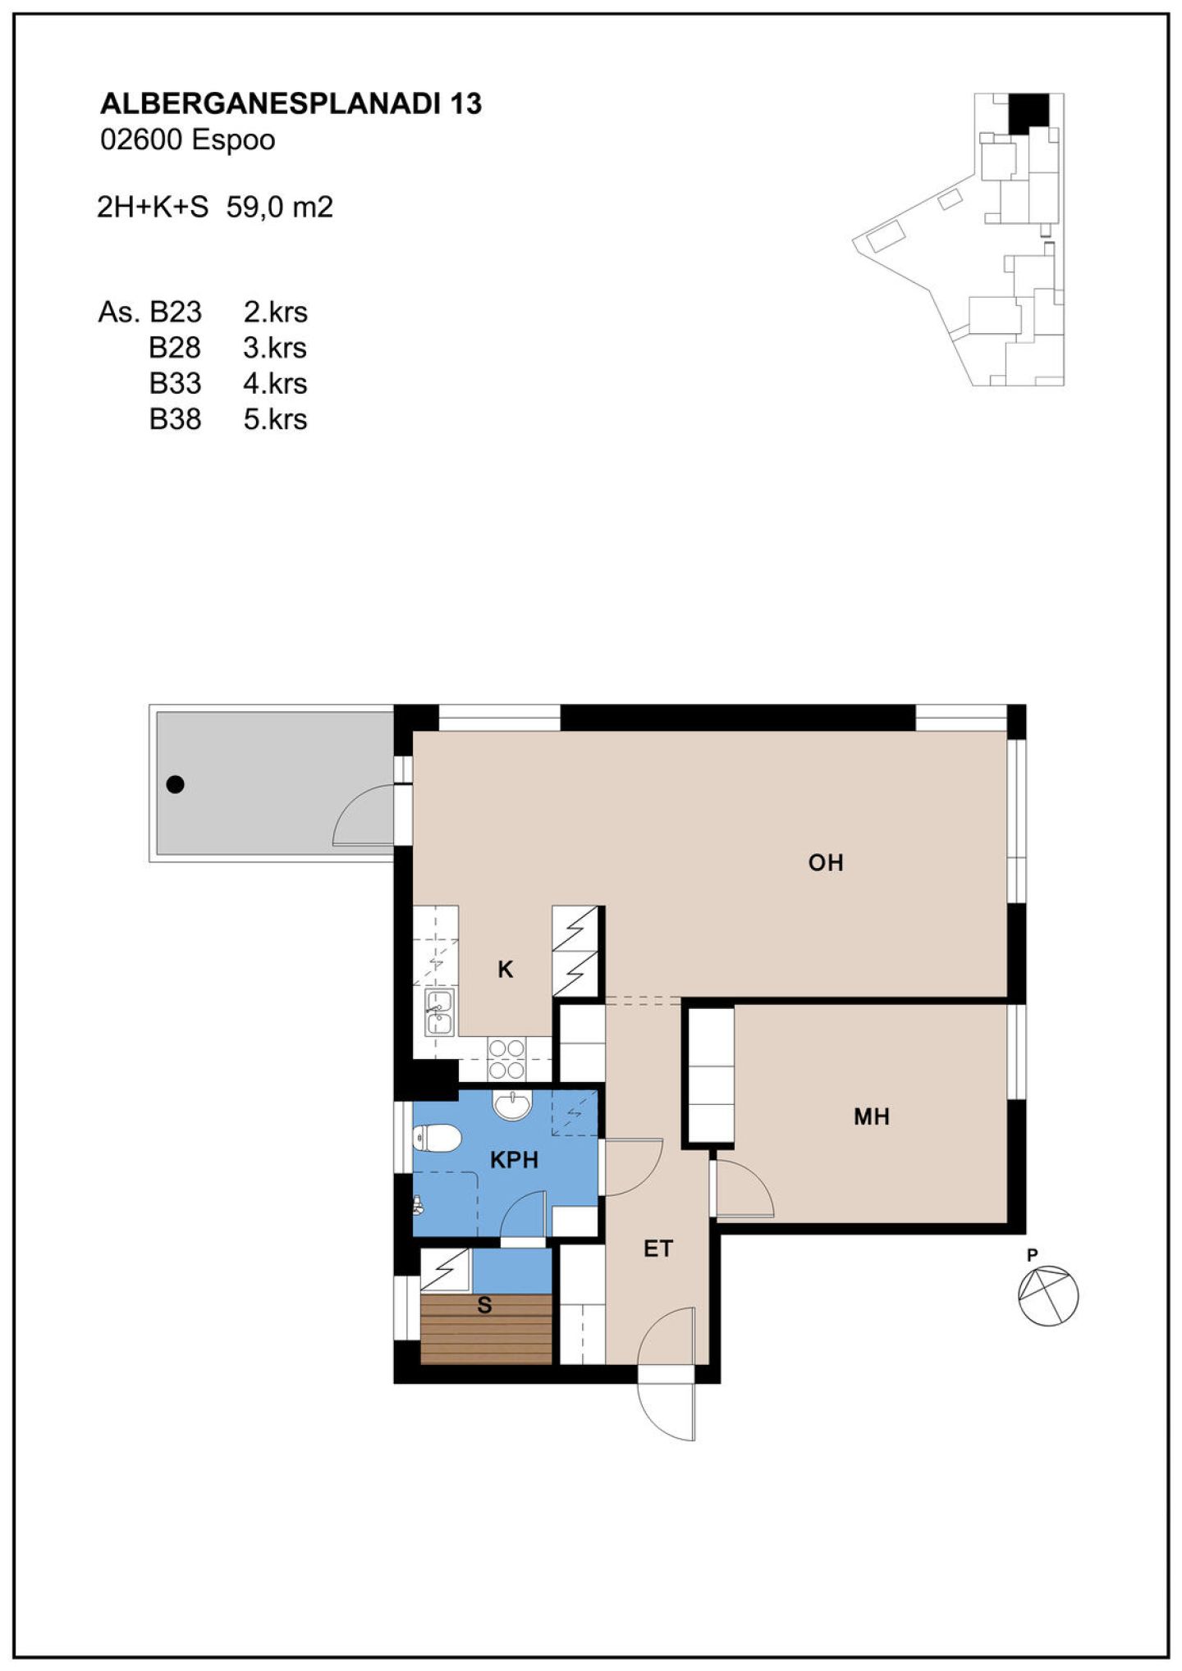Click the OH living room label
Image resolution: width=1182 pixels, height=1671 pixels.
[x=826, y=862]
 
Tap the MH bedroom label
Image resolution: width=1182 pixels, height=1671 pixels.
[x=872, y=1116]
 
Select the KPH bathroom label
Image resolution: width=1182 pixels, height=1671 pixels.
[x=515, y=1160]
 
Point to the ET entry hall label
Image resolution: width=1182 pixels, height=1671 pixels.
[x=658, y=1249]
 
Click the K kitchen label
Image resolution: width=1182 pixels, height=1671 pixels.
[x=506, y=970]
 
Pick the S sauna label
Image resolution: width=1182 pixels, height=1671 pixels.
[x=485, y=1305]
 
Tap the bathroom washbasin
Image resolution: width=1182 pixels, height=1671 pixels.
[x=513, y=1105]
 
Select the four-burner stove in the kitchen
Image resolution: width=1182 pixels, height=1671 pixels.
[x=506, y=1059]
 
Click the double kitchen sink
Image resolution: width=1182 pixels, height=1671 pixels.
[x=439, y=1012]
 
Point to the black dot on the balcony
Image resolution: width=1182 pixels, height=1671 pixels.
[x=175, y=784]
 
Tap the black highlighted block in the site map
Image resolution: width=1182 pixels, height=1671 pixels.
[x=1029, y=113]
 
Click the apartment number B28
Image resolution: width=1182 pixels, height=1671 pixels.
[x=175, y=348]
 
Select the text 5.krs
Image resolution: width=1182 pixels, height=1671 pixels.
[x=275, y=420]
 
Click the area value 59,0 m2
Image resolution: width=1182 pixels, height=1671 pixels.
[x=280, y=208]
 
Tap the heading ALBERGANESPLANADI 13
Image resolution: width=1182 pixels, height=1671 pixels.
[x=291, y=103]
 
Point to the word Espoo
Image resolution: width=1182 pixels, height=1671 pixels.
[x=233, y=141]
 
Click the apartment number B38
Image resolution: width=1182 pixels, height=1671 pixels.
[x=175, y=420]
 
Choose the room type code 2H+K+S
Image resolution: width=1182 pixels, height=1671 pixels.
[x=153, y=208]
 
